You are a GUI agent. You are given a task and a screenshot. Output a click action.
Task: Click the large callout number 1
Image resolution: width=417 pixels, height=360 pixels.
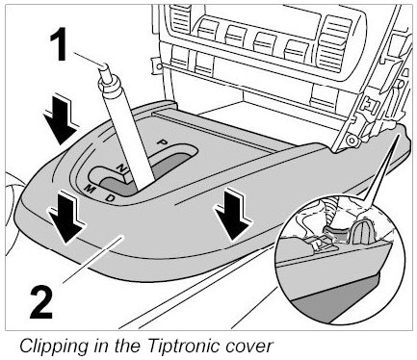coord(59,44)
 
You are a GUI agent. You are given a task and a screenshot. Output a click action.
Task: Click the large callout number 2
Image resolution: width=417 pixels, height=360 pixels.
coord(41,303)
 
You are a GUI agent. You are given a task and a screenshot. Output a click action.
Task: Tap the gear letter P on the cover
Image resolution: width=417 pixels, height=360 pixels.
coord(163,141)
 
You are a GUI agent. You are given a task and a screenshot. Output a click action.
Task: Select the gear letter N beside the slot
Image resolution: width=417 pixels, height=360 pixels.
coord(121,167)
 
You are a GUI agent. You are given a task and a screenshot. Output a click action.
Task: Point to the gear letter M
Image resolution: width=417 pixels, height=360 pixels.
coord(90,190)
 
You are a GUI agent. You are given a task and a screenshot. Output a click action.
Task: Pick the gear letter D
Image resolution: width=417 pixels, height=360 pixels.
coord(110,198)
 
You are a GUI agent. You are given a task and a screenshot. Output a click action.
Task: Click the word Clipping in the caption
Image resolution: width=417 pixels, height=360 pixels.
coord(54,347)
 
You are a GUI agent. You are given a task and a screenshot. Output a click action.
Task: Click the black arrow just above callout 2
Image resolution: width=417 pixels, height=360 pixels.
coord(65,216)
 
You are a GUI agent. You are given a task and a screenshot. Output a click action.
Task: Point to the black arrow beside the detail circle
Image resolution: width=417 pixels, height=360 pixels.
coord(233,214)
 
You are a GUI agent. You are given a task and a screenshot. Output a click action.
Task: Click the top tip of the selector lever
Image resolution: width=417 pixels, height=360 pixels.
coord(104,66)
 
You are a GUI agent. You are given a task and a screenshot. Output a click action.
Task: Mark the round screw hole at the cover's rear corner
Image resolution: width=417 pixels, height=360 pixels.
coord(352,141)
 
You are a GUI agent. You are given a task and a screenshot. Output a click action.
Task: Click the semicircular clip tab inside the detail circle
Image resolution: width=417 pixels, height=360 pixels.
coord(363,232)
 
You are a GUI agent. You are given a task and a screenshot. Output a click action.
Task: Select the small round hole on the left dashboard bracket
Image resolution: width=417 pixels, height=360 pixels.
coord(158,66)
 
